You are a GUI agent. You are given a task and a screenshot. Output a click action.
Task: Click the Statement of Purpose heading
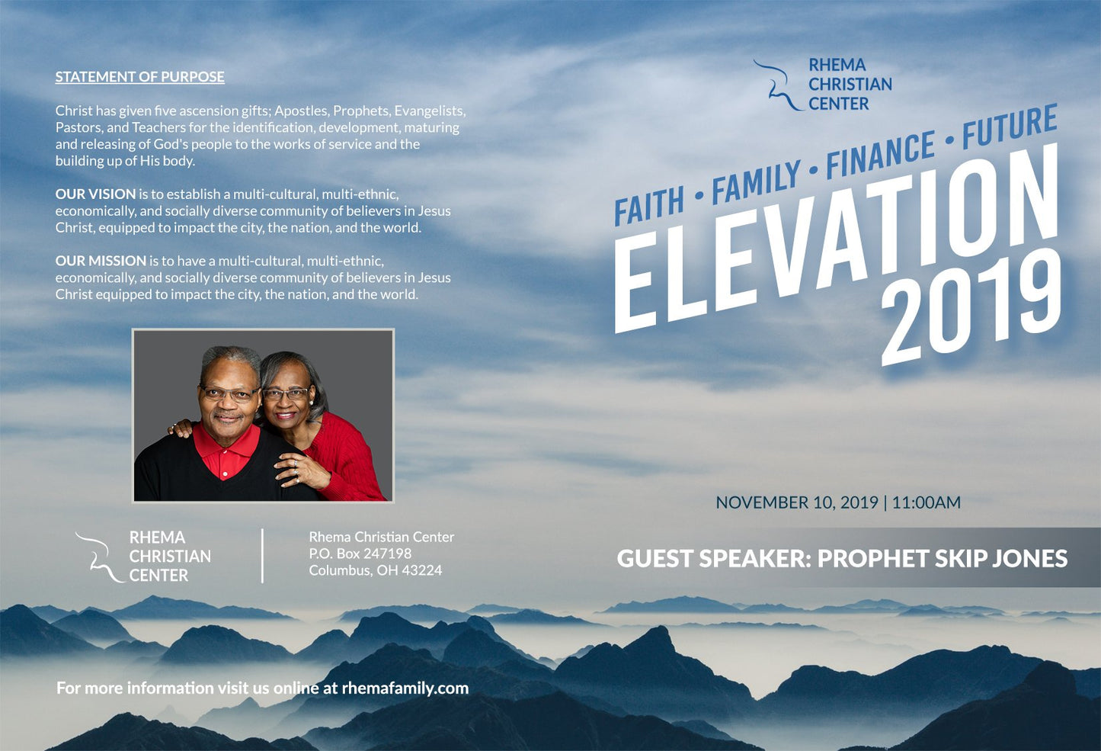pos(139,77)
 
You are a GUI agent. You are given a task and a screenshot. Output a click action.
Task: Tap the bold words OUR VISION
pos(95,194)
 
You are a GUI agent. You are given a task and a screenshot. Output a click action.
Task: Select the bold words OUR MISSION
pos(101,261)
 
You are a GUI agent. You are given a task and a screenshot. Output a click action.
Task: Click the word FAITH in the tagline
pos(649,205)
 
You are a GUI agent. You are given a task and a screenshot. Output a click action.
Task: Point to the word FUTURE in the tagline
pos(1010,126)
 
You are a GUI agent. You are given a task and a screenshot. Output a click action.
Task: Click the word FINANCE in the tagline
pos(880,155)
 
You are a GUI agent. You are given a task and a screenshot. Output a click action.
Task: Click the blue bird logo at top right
pos(777,85)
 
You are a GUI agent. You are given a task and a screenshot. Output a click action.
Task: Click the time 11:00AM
pos(926,502)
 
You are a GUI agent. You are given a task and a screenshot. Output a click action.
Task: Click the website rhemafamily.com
pos(405,688)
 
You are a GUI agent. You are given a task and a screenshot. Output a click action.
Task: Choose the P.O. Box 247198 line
pos(360,554)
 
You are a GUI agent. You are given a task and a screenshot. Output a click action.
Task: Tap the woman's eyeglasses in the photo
pos(286,393)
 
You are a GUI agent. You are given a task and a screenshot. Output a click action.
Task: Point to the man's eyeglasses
pos(229,393)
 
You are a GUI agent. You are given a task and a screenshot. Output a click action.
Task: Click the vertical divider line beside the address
pos(262,556)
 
